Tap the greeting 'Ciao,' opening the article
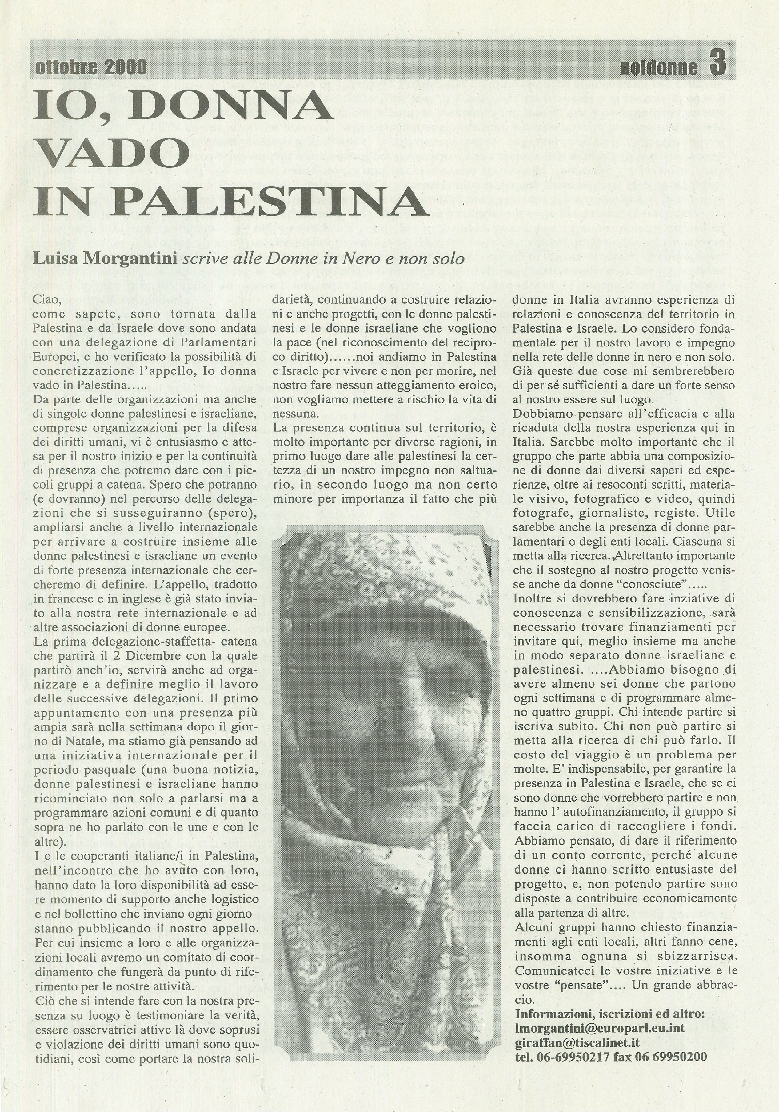tap(47, 300)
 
